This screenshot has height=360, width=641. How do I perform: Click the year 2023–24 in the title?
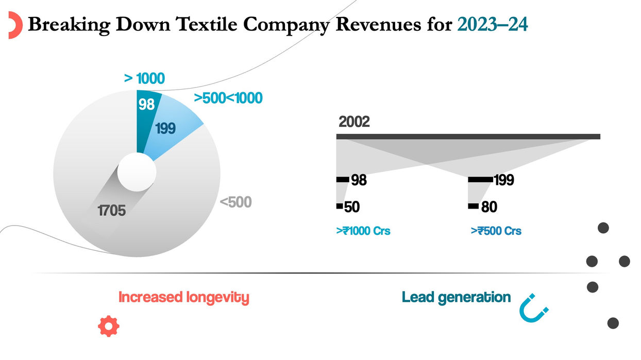[x=492, y=24]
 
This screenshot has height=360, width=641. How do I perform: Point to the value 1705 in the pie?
[x=111, y=211]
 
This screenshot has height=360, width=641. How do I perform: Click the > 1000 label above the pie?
[x=144, y=79]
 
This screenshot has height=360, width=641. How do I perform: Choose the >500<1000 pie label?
[x=228, y=98]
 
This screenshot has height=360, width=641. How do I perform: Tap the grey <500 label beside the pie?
[x=236, y=203]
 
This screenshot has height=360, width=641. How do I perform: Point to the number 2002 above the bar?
[x=354, y=123]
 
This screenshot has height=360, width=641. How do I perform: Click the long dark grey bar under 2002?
[x=468, y=136]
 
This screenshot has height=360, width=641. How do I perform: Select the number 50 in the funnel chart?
[x=351, y=207]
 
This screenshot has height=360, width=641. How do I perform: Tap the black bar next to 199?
[x=480, y=180]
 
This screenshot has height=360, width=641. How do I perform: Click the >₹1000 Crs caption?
[x=363, y=231]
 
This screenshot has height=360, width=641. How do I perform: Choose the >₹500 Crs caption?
[x=496, y=231]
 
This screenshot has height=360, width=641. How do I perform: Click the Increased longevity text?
[x=184, y=297]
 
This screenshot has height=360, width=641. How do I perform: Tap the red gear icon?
[x=109, y=326]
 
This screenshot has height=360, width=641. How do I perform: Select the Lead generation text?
[x=456, y=297]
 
